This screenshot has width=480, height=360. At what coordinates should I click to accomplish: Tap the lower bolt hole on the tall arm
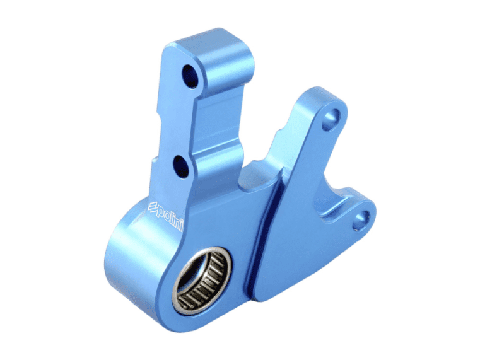(x=181, y=165)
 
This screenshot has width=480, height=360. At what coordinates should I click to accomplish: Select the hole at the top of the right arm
(x=333, y=117)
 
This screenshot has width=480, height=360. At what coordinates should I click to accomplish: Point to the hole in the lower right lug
(x=361, y=218)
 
